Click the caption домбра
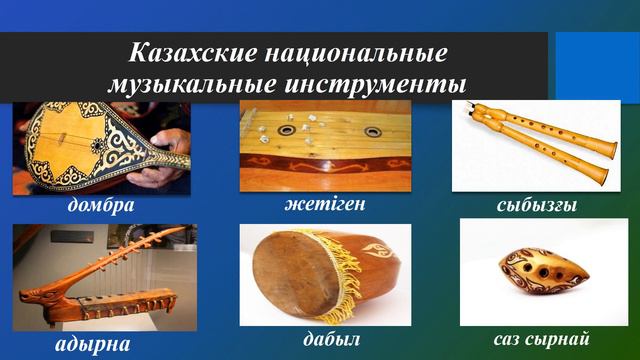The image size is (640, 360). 100,206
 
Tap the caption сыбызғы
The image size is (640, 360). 536,206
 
